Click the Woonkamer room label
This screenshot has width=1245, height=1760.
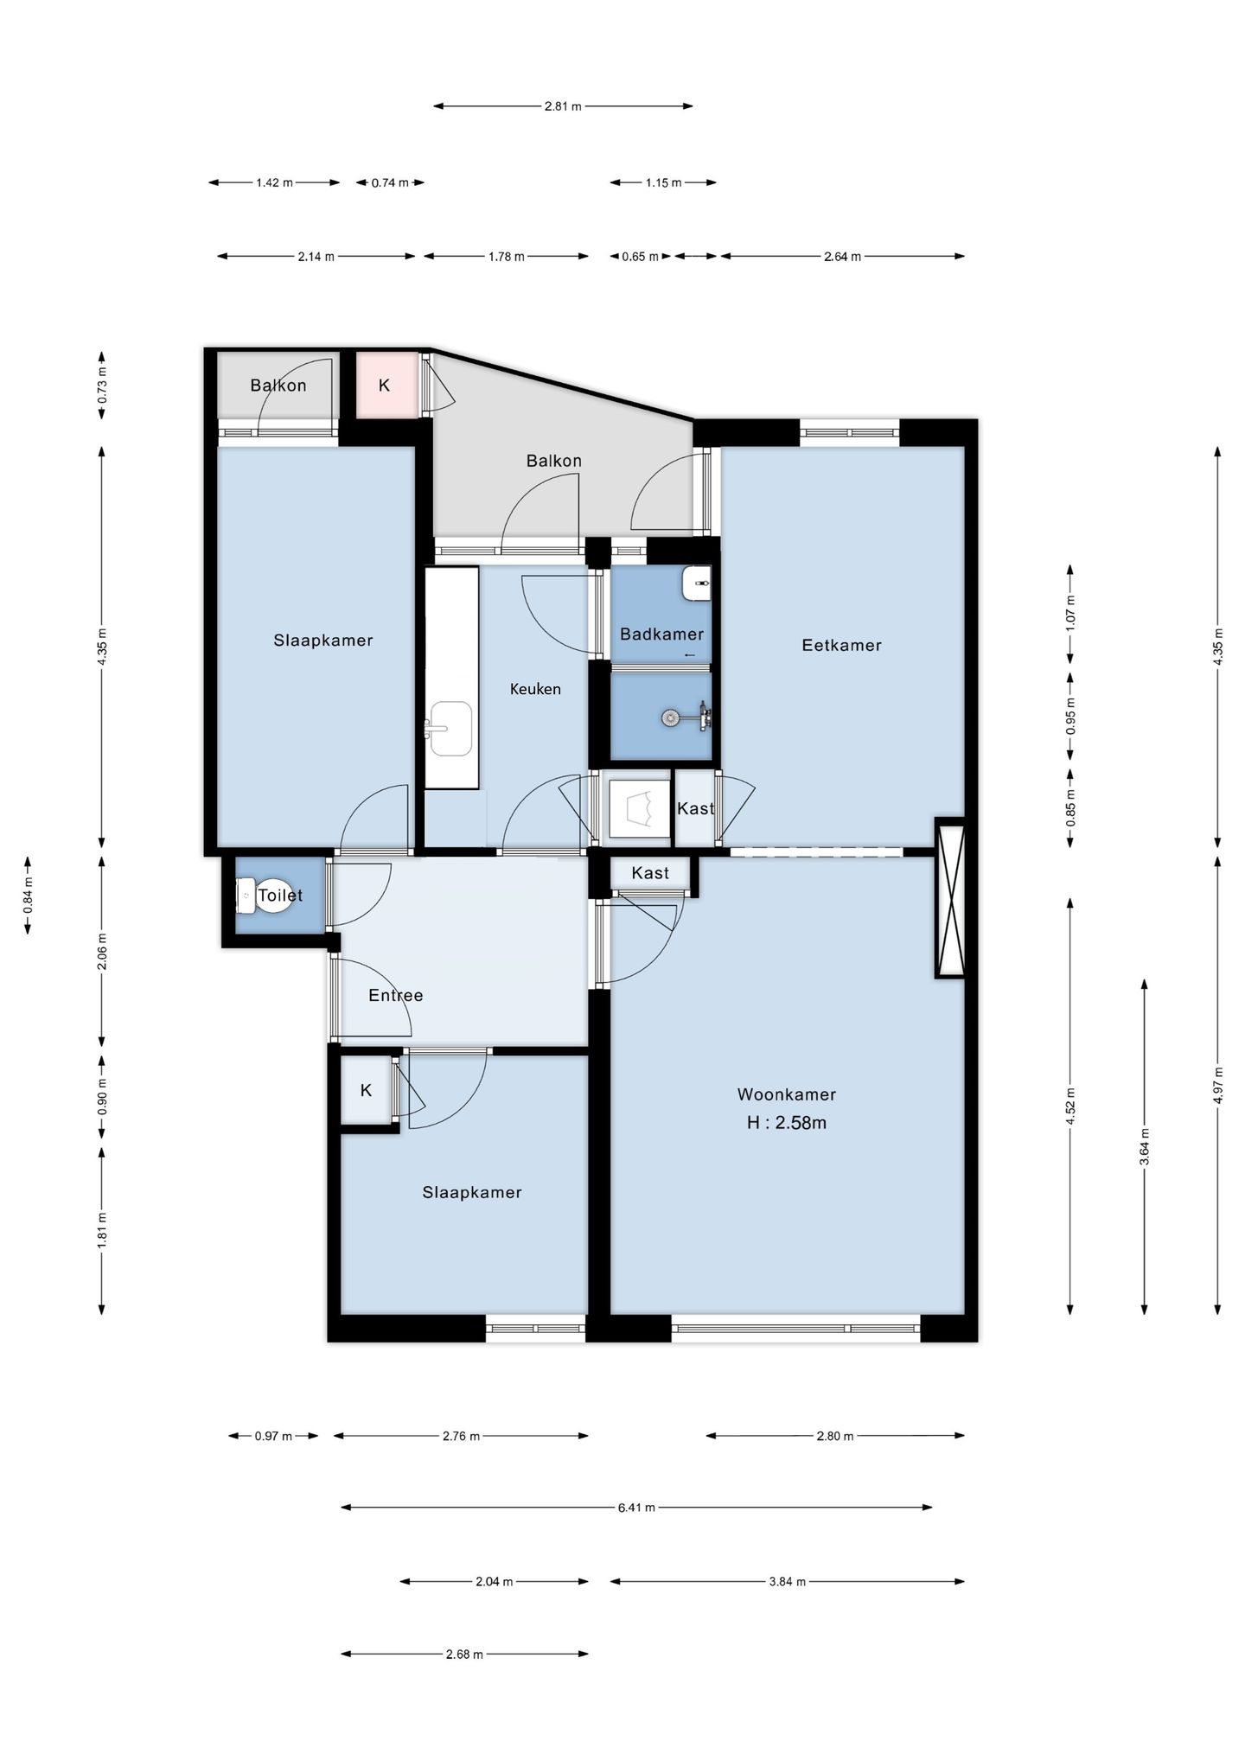click(786, 1094)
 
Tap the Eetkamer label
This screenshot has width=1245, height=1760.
click(841, 645)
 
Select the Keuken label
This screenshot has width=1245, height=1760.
click(535, 689)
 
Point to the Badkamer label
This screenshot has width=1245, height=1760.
click(661, 634)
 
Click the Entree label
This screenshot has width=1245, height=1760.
click(396, 995)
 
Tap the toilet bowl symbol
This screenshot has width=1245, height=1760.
click(246, 896)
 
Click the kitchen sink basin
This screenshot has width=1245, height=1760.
click(450, 729)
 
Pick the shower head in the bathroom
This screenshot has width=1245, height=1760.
click(669, 717)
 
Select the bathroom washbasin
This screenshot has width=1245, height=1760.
click(696, 583)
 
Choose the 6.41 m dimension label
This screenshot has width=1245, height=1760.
click(636, 1508)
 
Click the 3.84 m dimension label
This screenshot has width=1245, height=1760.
click(787, 1582)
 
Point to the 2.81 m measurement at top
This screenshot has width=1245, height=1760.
click(563, 106)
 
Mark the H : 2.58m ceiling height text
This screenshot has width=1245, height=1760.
click(787, 1123)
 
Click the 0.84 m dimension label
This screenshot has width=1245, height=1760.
click(28, 896)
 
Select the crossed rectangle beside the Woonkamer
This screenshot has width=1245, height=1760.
click(949, 897)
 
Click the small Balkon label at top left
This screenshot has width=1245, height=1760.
click(278, 386)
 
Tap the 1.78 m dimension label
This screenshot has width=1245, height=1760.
click(507, 257)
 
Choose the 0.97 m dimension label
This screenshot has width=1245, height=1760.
click(273, 1436)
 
